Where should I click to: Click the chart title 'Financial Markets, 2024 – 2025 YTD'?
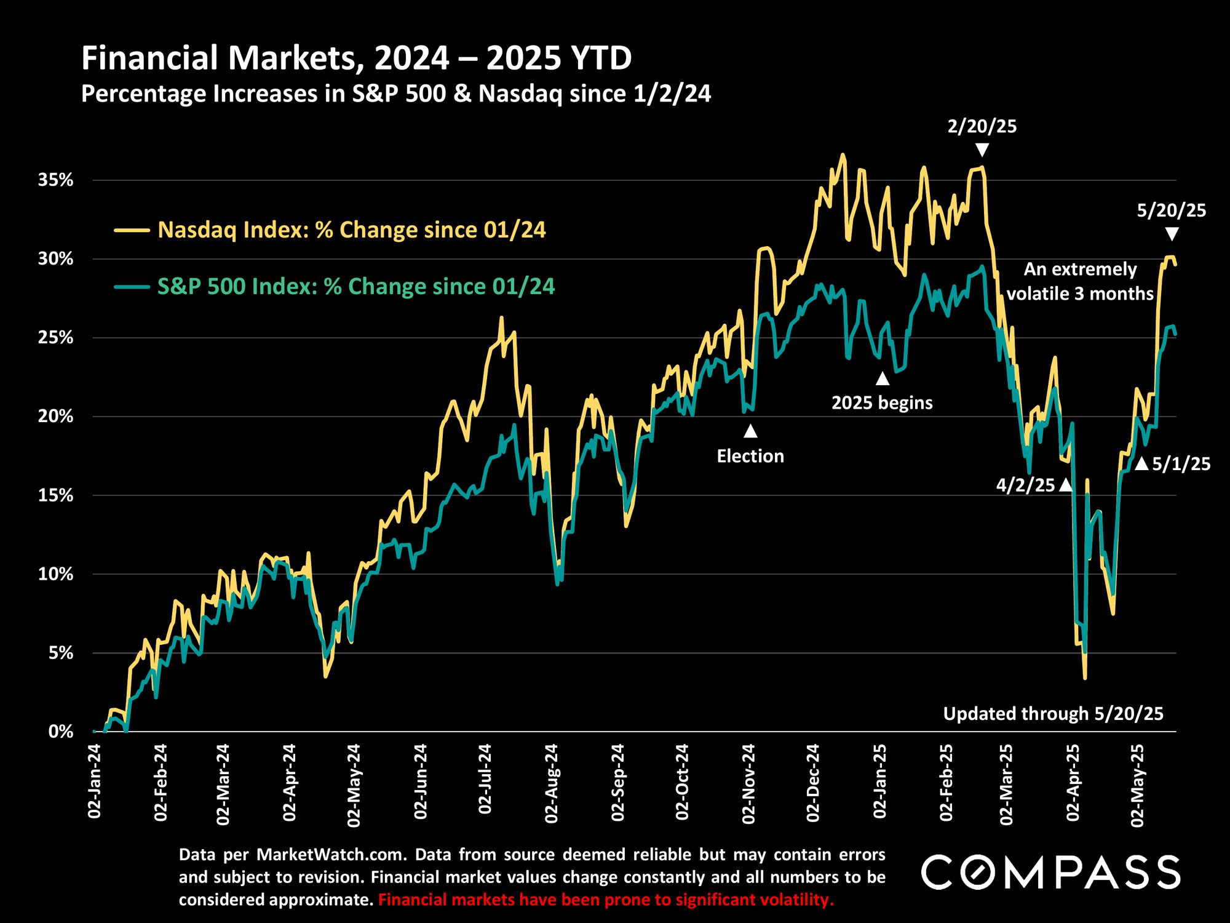[357, 60]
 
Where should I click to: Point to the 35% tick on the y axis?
[57, 180]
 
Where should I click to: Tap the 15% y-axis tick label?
[57, 495]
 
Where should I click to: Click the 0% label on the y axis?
[61, 732]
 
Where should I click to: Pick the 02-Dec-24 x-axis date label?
[814, 783]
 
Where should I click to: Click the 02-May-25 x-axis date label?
[1139, 783]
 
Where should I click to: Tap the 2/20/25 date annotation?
[982, 127]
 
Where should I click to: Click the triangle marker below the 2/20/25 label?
[982, 150]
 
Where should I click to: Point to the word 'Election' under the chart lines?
[750, 456]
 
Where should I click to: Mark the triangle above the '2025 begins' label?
[883, 378]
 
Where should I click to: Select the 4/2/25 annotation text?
[1025, 485]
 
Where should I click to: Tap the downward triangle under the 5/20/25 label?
[1172, 234]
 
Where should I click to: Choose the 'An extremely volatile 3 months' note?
[1080, 281]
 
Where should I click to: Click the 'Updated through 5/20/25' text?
[1053, 714]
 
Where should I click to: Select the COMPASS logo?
[1050, 872]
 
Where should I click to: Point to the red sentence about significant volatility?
[606, 900]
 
